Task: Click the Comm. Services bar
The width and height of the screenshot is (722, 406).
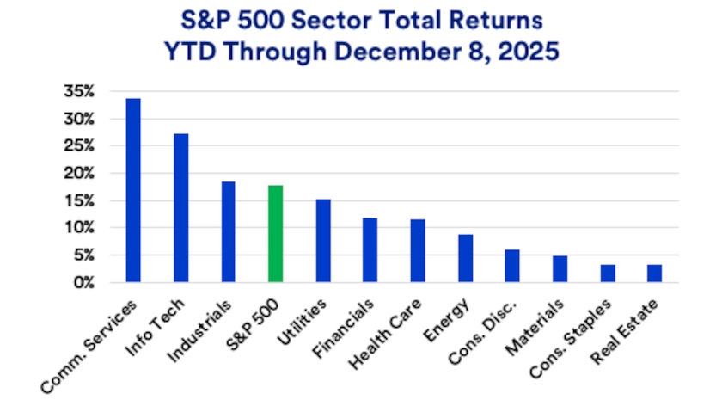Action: point(133,190)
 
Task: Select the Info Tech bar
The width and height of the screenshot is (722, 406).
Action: point(180,208)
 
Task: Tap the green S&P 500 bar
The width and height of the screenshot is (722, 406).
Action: point(275,234)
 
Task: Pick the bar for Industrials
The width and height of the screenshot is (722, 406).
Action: point(228,232)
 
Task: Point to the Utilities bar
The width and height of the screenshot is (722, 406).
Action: point(323,241)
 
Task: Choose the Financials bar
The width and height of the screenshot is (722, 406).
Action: point(370,250)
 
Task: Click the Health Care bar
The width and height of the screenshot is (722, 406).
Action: point(418,251)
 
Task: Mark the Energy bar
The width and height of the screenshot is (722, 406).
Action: point(465,258)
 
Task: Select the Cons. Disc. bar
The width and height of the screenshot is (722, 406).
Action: point(512,266)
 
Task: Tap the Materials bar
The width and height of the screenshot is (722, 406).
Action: point(560,269)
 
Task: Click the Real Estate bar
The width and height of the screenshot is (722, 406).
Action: point(655,274)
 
